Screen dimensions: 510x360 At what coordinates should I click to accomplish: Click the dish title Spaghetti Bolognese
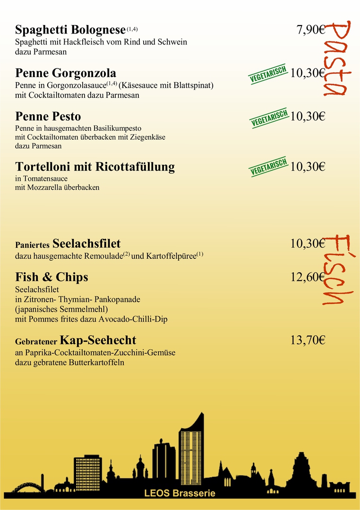click(x=70, y=30)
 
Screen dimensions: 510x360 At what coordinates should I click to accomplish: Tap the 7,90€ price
click(x=310, y=30)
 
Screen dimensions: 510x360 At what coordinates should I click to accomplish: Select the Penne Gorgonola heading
click(x=66, y=73)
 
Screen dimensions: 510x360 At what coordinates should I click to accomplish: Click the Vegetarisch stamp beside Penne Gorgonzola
click(x=268, y=74)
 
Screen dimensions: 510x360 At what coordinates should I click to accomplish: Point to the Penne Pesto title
click(x=48, y=116)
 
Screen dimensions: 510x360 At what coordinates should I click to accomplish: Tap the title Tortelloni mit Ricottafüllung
click(x=95, y=167)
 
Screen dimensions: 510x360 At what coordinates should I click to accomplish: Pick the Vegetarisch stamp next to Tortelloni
click(x=268, y=167)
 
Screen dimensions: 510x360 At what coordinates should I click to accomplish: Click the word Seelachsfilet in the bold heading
click(x=86, y=244)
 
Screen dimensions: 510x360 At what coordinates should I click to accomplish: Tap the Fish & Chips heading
click(x=51, y=277)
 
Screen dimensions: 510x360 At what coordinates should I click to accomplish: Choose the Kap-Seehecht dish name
click(x=98, y=340)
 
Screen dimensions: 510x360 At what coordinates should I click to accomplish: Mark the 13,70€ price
click(x=308, y=340)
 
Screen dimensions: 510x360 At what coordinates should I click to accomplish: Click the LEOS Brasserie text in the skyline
click(x=180, y=493)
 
